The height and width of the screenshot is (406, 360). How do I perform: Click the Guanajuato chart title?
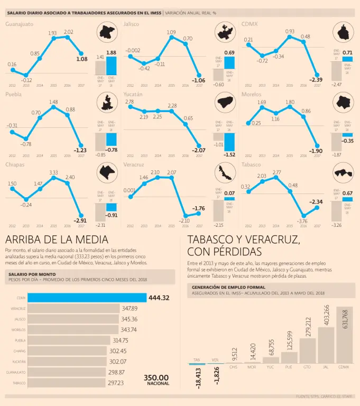coord(19,24)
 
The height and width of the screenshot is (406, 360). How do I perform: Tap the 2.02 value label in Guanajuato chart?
coord(68,32)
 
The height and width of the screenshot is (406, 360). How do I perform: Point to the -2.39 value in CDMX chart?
coord(316,79)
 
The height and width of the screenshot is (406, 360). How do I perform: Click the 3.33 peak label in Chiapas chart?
coord(53,172)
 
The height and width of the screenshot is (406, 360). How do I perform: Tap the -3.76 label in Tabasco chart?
coord(302,221)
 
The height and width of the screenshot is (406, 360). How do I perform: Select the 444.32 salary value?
coord(159,298)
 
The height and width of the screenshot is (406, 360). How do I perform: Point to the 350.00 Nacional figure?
coord(156,377)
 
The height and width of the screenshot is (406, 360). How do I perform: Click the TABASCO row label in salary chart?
coord(19,383)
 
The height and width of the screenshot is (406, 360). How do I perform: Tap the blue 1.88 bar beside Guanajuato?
coord(111,66)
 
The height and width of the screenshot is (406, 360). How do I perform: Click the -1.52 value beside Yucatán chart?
coord(229,155)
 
